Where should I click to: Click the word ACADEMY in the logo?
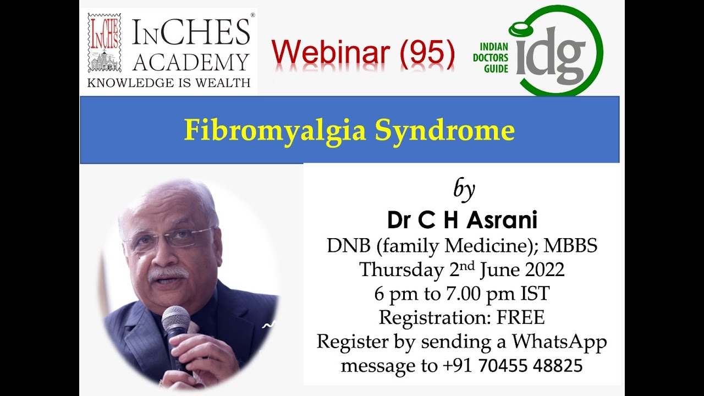pos(191,62)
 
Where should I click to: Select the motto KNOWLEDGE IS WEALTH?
pos(169,82)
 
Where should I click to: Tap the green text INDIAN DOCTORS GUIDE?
pos(491,58)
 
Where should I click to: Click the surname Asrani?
pos(502,220)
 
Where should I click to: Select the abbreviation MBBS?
pos(571,245)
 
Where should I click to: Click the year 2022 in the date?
pos(544,269)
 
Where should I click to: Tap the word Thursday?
pos(402,270)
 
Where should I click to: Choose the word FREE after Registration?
pos(520,317)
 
